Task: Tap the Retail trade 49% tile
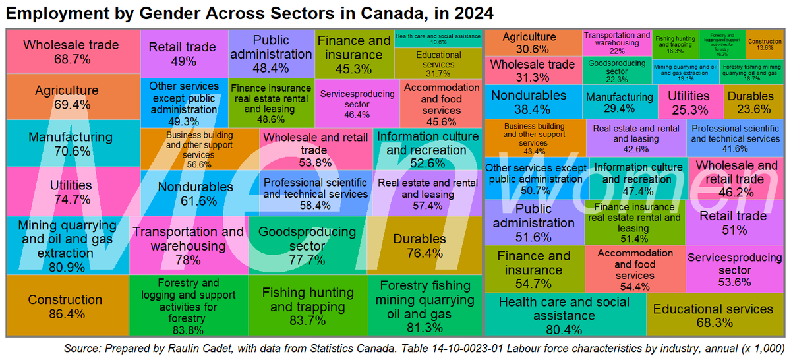click(x=183, y=54)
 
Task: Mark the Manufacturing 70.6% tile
click(x=71, y=144)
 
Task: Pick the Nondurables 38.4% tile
click(x=533, y=102)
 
